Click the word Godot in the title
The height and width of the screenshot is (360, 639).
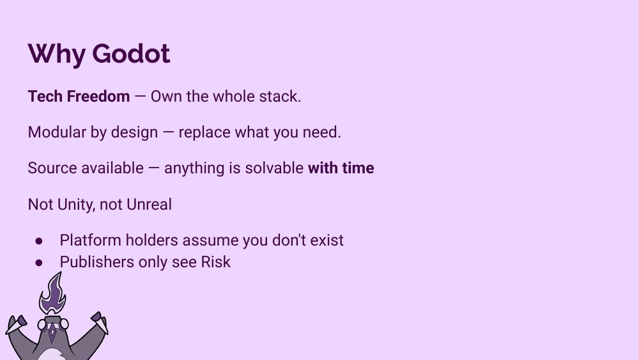point(131,53)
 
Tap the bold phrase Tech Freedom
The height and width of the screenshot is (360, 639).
point(79,97)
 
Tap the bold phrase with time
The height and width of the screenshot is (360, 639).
point(341,168)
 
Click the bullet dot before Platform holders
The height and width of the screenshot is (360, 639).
point(39,241)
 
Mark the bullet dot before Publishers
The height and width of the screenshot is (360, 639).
point(39,263)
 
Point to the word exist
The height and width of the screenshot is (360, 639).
point(327,240)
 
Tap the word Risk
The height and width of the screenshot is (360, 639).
point(215,262)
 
